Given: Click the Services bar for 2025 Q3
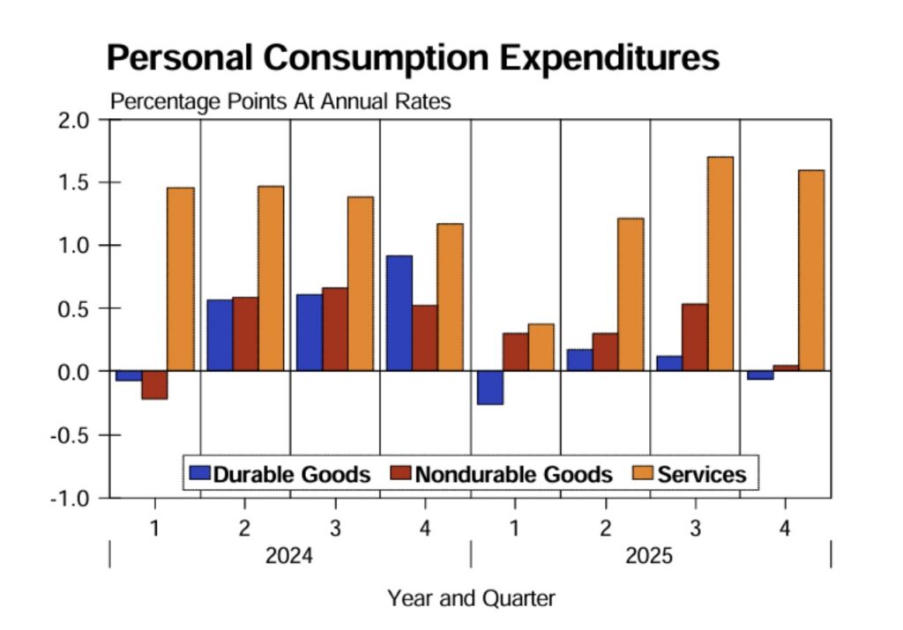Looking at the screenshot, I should (720, 263).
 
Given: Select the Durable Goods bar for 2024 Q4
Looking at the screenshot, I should (399, 313).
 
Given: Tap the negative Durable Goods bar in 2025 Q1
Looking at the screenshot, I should (489, 388).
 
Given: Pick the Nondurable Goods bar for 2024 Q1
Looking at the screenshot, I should (154, 385).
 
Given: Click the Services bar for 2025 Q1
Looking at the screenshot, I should (541, 347).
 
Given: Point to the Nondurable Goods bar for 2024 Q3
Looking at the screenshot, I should (335, 329).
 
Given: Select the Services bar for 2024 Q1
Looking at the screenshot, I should (180, 279).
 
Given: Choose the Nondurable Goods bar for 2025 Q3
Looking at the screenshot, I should (694, 337).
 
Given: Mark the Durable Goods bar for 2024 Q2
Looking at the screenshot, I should (220, 335).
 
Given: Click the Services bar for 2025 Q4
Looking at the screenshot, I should (810, 271).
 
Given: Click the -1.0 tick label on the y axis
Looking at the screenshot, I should (73, 498).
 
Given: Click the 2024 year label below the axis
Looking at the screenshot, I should (289, 557).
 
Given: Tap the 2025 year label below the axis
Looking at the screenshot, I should (649, 557).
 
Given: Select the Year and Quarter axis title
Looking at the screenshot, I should (471, 599).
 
